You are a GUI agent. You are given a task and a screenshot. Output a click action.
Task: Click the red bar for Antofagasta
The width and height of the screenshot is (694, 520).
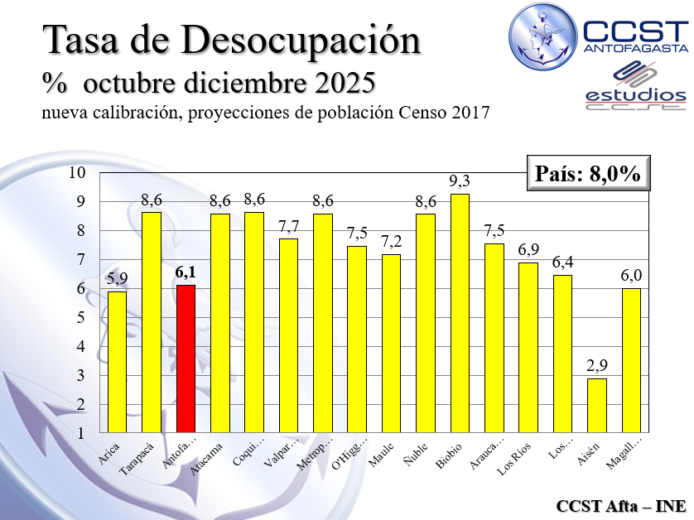coord(186,359)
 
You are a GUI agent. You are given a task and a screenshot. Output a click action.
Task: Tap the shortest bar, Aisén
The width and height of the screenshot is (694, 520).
coord(596,405)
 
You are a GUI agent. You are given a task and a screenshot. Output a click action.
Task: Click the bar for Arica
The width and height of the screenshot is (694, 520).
coord(117,362)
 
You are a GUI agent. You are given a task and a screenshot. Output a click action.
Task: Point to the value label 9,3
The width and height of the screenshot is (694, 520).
coord(460,181)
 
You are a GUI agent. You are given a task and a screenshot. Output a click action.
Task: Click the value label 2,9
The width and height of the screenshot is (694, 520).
coord(596,366)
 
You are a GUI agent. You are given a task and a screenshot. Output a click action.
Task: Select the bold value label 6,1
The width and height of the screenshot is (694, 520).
coord(186,272)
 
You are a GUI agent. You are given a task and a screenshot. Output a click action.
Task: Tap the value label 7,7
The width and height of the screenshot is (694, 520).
coord(288,225)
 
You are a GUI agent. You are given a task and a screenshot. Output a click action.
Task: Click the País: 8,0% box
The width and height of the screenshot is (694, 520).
coord(587,174)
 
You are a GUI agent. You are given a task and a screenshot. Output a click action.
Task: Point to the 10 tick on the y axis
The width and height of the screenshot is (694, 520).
coord(78,173)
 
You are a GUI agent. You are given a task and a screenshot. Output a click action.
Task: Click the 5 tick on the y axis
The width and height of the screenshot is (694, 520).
coord(81,318)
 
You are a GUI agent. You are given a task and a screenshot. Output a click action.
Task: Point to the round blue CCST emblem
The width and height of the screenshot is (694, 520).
coord(543,36)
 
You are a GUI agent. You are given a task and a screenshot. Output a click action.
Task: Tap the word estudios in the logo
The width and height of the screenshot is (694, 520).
coord(635,95)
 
